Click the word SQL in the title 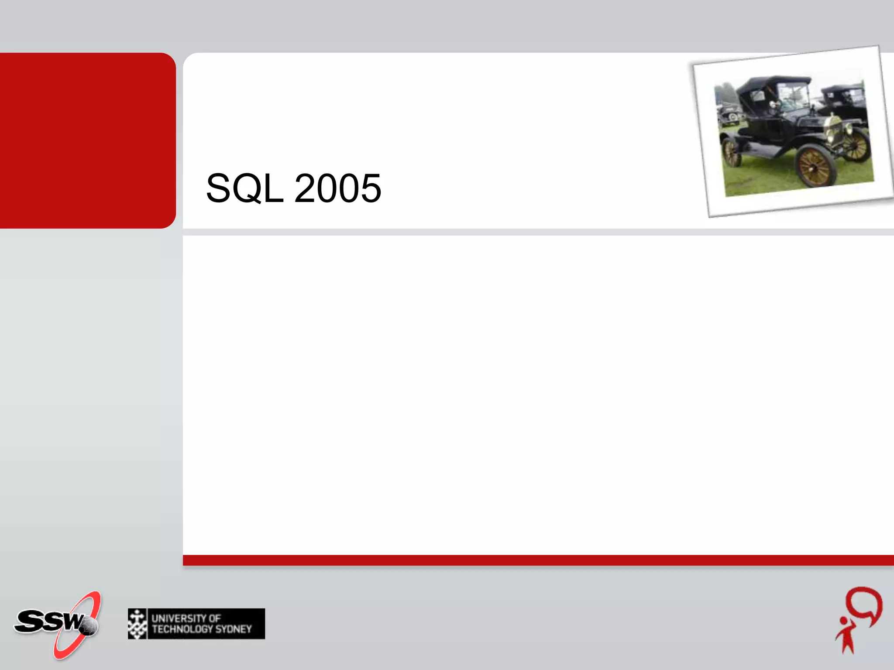click(244, 188)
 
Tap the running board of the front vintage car click(768, 150)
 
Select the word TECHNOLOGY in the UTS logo click(182, 629)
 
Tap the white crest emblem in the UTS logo click(138, 624)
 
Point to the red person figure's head click(844, 621)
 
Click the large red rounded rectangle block click(87, 140)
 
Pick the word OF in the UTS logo click(214, 619)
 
